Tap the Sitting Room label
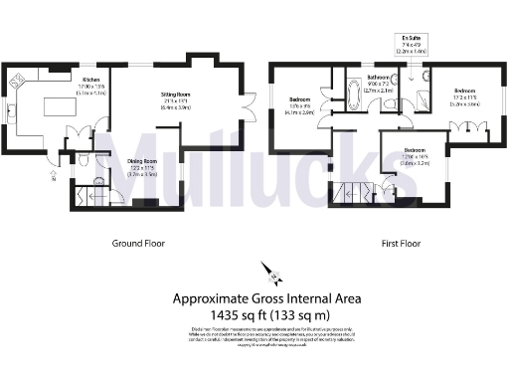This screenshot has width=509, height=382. click(176, 95)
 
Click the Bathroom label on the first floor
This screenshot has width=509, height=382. click(378, 78)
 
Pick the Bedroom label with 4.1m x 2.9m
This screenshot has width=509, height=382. click(301, 100)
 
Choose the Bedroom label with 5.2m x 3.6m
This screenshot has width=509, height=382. click(463, 91)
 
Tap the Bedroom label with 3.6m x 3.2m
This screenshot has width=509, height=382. click(413, 126)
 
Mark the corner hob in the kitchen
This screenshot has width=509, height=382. click(16, 81)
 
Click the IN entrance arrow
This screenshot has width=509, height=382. click(53, 180)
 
